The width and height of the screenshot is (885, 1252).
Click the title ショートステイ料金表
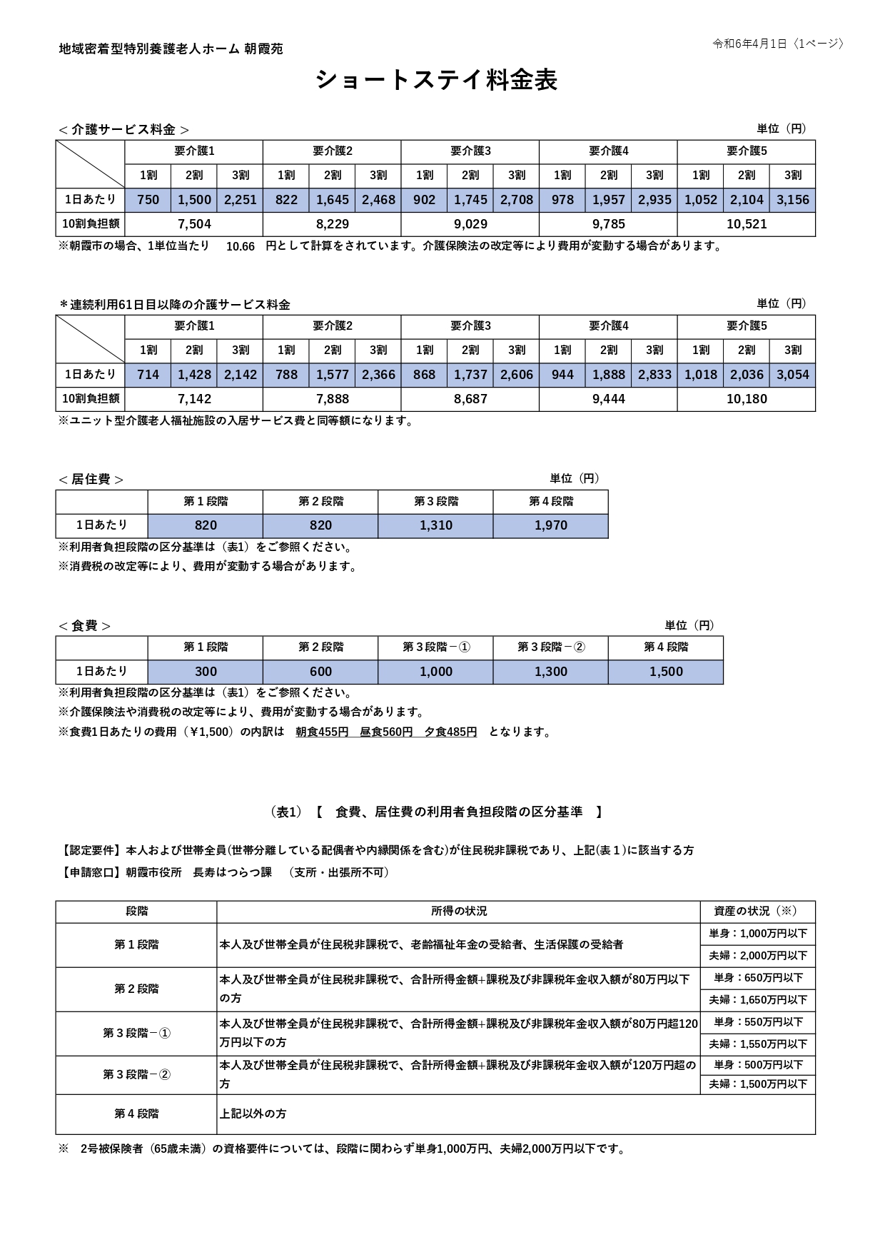[436, 80]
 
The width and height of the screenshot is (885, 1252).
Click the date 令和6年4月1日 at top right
[749, 44]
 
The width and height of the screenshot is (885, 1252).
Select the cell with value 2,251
[240, 200]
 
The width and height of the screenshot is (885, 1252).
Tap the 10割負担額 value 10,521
[746, 224]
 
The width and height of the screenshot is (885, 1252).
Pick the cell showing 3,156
[792, 200]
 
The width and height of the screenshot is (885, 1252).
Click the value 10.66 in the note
[240, 246]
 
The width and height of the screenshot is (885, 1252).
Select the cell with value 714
[148, 375]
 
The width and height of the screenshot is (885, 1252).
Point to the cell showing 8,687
[470, 399]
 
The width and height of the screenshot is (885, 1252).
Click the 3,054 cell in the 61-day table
[792, 375]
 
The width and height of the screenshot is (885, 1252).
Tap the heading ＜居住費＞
[91, 480]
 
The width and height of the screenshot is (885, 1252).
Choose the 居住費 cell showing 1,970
[550, 525]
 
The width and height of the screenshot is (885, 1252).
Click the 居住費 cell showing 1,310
[435, 525]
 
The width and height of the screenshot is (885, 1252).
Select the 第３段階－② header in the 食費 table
[550, 647]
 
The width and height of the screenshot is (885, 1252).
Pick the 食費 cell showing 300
[206, 672]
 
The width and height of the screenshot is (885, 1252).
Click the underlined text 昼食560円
[386, 732]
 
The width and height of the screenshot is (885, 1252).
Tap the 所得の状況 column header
[458, 912]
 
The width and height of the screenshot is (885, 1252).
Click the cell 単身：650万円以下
[758, 978]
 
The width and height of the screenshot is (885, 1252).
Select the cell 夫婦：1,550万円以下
[758, 1044]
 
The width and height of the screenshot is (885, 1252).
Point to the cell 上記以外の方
[253, 1114]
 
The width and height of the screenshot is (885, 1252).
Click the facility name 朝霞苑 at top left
[263, 49]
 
